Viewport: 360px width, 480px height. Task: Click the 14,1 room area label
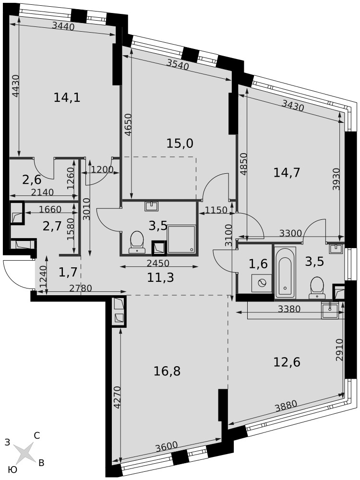[x=67, y=97]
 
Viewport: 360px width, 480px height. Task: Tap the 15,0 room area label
[x=180, y=143]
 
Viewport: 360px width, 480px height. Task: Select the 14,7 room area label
[x=286, y=173]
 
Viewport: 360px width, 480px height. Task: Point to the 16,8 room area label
[x=167, y=371]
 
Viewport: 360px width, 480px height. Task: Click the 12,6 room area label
[x=287, y=362]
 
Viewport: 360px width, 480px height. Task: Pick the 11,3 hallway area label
[x=160, y=277]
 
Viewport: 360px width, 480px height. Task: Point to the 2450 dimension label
[x=157, y=263]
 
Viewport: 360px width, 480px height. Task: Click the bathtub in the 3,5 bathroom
[x=285, y=273]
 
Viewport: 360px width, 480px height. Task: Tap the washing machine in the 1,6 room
[x=261, y=283]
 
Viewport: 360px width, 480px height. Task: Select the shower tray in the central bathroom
[x=181, y=239]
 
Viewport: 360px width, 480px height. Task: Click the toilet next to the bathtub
[x=317, y=288]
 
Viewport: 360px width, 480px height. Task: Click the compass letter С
[x=37, y=436]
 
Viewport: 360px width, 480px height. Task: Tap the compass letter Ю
[x=12, y=470]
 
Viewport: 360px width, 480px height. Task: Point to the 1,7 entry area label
[x=67, y=271]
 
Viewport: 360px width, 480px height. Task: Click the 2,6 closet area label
[x=32, y=180]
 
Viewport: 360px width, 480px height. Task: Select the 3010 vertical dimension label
[x=86, y=209]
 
